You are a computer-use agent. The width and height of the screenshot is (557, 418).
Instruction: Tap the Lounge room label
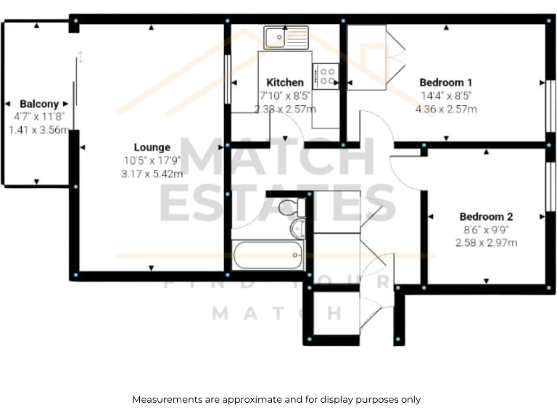coord(152,147)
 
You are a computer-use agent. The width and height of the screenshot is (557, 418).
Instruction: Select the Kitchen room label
coord(285,82)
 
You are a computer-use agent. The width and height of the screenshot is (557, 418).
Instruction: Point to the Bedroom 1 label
coord(446,82)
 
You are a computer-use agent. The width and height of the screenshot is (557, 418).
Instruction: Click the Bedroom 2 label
coord(486,216)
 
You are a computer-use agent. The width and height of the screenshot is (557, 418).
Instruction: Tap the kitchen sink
coord(286,36)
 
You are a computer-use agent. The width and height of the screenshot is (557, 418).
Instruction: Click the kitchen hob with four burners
coord(326,75)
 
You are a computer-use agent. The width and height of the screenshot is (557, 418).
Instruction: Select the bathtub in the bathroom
coord(267,255)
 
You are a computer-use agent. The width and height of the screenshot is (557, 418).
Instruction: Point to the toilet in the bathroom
coord(288,208)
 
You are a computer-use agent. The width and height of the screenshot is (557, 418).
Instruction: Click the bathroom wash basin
coord(297,230)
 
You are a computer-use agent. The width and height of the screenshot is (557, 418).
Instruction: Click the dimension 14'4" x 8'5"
coord(446,95)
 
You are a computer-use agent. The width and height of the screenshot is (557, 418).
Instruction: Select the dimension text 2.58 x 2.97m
coord(486,243)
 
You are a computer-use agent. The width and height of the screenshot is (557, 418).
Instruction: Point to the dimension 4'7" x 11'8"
coord(39,117)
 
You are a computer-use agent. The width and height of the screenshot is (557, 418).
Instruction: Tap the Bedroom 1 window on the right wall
coord(549,105)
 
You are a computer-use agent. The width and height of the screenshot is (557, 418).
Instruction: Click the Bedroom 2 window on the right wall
coord(549,187)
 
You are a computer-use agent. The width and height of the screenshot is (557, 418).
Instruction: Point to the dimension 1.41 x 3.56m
coord(39,130)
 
